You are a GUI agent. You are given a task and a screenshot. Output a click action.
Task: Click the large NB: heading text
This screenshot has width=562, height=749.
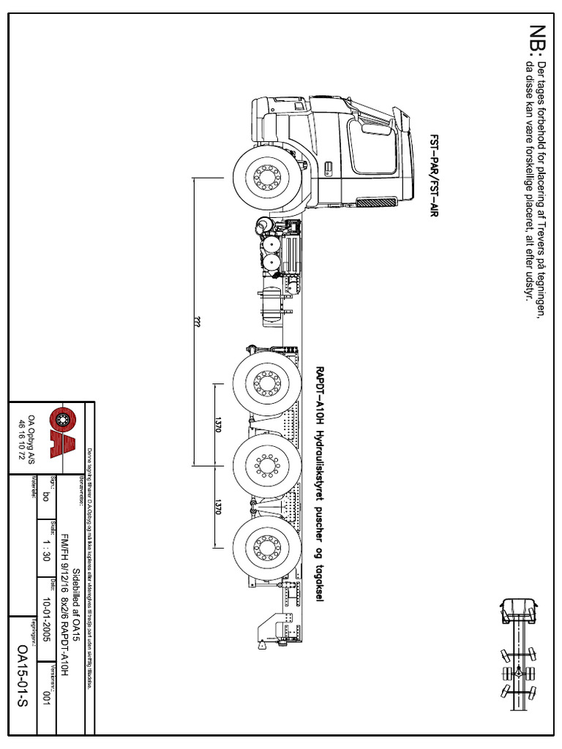click(539, 39)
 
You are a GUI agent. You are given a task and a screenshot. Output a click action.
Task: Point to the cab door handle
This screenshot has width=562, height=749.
click(327, 168)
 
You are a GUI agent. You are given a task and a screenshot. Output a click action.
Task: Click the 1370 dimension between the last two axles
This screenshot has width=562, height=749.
click(217, 508)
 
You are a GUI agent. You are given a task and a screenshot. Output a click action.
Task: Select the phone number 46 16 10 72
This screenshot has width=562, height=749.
click(21, 437)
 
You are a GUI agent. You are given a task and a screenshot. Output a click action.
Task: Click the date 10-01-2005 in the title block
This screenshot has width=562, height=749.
click(45, 617)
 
